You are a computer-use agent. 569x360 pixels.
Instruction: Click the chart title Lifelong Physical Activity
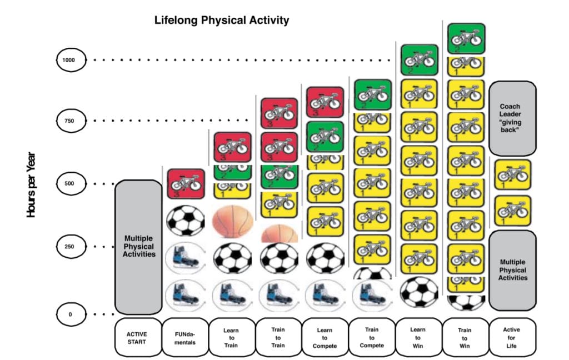[222, 21]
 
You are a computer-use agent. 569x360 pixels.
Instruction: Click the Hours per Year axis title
[32, 184]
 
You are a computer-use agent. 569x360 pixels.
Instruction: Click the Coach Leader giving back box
[512, 118]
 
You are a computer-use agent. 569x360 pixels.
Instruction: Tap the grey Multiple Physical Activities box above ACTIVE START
[138, 247]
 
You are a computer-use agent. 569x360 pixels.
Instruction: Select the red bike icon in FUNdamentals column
[186, 184]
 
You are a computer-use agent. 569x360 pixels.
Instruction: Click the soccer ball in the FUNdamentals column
[186, 221]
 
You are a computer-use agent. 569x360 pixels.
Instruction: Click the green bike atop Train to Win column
[466, 38]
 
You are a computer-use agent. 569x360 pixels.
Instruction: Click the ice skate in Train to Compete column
[372, 294]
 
